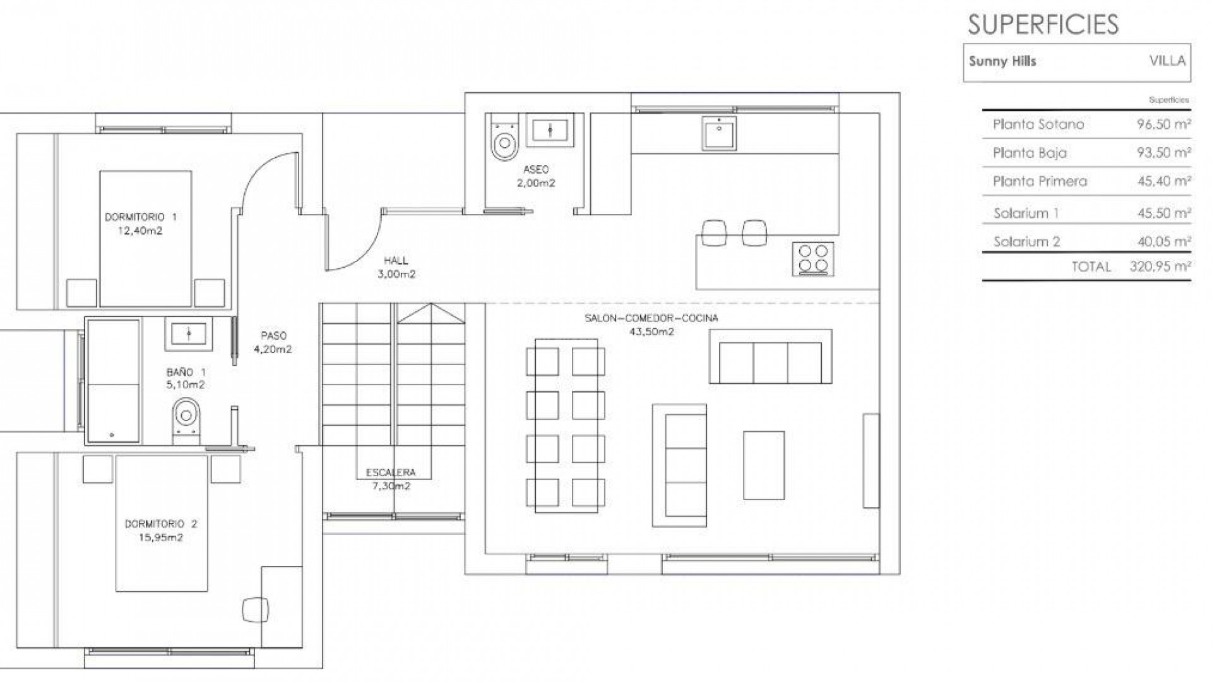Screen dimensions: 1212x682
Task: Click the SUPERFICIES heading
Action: click(1043, 24)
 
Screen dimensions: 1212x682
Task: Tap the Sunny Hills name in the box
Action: click(1002, 61)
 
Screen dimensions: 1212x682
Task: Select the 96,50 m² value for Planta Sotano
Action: click(1163, 124)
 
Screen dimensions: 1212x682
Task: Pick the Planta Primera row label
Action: click(1040, 181)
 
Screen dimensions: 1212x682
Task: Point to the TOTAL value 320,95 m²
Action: click(1160, 266)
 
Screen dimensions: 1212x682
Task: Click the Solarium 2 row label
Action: click(1026, 241)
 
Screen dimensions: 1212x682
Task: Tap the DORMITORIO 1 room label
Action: click(141, 217)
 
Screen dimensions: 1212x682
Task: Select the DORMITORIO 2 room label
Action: click(161, 523)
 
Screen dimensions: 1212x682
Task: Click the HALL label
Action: click(396, 260)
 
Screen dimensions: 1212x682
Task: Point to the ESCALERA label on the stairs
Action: click(391, 472)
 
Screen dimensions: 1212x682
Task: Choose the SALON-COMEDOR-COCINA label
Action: click(651, 318)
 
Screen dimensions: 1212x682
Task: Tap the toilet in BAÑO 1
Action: click(186, 417)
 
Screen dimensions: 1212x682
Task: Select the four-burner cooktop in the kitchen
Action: click(813, 259)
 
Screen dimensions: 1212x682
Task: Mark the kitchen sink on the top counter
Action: click(719, 134)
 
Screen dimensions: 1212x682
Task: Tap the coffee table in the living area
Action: click(764, 465)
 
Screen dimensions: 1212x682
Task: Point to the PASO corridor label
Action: click(273, 336)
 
